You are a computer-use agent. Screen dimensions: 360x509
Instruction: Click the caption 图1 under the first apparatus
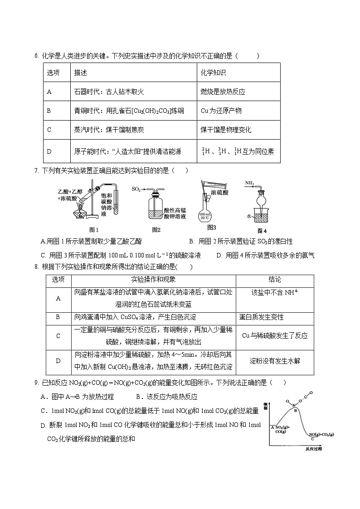pyautogui.click(x=94, y=229)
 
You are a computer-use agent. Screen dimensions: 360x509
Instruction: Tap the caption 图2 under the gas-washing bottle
pyautogui.click(x=156, y=229)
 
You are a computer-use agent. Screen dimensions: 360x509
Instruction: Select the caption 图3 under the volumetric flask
pyautogui.click(x=211, y=228)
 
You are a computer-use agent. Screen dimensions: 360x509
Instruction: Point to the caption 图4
pyautogui.click(x=262, y=230)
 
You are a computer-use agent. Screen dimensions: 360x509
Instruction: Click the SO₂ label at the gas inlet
pyautogui.click(x=136, y=188)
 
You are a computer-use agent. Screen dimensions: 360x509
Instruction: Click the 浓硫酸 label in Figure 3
pyautogui.click(x=220, y=193)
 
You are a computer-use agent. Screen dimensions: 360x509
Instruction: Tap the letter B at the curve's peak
pyautogui.click(x=295, y=410)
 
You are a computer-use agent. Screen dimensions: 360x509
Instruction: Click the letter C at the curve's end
pyautogui.click(x=313, y=439)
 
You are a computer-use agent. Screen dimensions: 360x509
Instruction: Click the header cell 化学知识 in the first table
pyautogui.click(x=213, y=73)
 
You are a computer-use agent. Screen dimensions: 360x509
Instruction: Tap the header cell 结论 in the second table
pyautogui.click(x=275, y=280)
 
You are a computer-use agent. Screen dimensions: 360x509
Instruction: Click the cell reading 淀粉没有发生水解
pyautogui.click(x=275, y=361)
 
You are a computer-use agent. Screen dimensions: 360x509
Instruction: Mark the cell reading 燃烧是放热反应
pyautogui.click(x=223, y=92)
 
